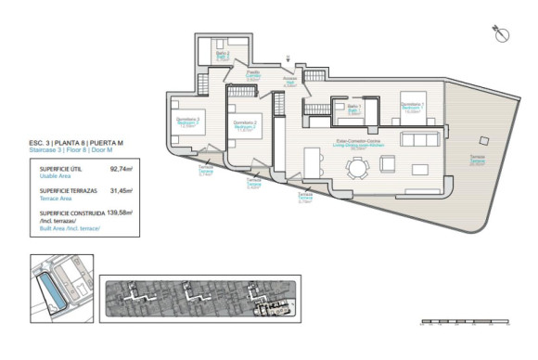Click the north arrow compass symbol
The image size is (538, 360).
[502, 35]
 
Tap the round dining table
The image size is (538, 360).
[357, 168]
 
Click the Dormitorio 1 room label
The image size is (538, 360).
[412, 106]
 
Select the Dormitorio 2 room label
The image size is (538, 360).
[244, 124]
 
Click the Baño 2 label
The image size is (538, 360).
[223, 56]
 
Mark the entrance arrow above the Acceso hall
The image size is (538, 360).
[290, 60]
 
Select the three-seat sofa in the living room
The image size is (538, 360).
[422, 138]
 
